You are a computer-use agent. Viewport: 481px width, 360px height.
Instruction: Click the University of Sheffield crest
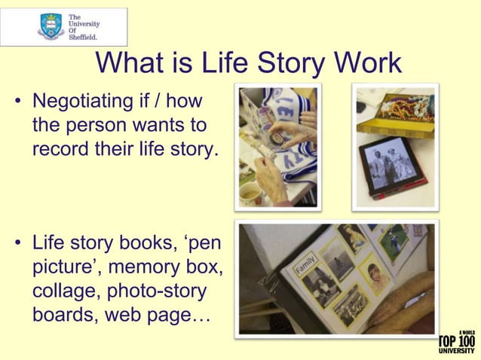[50, 26]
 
